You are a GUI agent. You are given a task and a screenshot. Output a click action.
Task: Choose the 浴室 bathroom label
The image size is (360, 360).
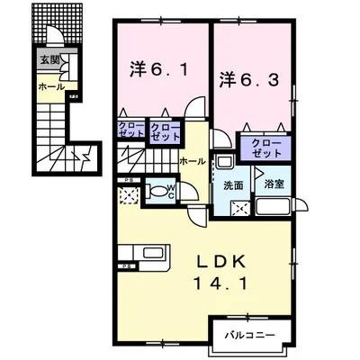(274, 186)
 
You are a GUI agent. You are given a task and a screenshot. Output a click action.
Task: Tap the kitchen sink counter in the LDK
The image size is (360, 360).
(141, 253)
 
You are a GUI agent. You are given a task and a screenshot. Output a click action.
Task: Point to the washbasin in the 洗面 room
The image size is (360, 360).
(224, 162)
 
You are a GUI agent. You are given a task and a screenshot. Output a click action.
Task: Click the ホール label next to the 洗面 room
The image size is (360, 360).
(191, 161)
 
